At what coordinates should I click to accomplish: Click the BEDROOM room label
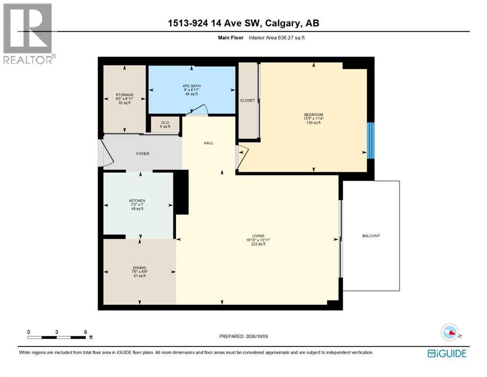(x=313, y=115)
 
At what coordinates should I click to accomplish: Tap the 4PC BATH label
(x=191, y=86)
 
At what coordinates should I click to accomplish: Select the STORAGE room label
(x=125, y=95)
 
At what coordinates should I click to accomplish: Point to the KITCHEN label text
(x=137, y=201)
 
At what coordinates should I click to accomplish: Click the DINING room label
(x=139, y=268)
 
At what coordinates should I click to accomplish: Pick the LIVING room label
(x=258, y=236)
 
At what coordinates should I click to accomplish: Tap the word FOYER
(x=143, y=154)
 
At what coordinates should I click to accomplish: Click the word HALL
(x=208, y=143)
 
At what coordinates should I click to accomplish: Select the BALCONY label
(x=371, y=236)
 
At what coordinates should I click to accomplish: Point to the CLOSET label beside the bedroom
(x=248, y=101)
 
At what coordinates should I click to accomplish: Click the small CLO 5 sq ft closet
(x=165, y=125)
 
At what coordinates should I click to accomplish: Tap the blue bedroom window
(x=371, y=140)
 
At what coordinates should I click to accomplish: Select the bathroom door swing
(x=197, y=109)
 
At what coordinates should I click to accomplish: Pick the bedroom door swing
(x=242, y=157)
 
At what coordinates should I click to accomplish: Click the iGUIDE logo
(x=447, y=353)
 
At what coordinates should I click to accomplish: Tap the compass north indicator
(x=450, y=332)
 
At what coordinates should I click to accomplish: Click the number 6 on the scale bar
(x=85, y=332)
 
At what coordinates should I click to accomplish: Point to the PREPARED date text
(x=243, y=336)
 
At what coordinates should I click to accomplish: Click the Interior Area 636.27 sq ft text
(x=277, y=38)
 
